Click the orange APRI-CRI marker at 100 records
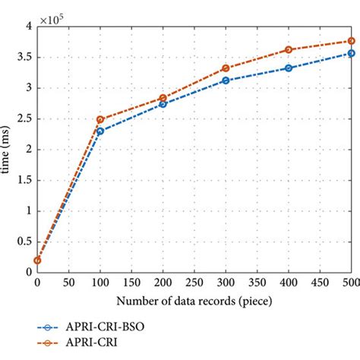[x=99, y=119]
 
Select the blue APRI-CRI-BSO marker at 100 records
[x=99, y=131]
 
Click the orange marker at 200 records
[x=163, y=98]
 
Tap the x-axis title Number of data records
[x=194, y=301]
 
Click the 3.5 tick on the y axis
[x=24, y=56]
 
